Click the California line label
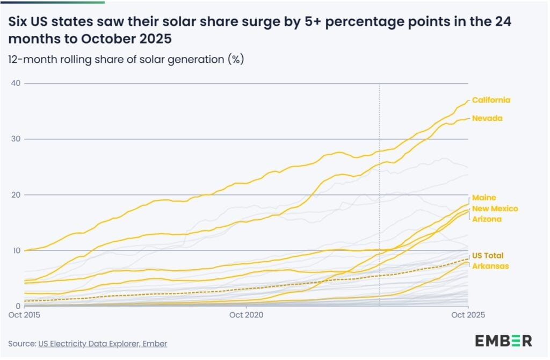tap(491, 100)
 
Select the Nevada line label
tap(487, 118)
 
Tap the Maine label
tap(484, 198)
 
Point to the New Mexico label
tap(495, 208)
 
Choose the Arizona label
tap(487, 219)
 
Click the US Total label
tap(488, 255)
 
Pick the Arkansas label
tap(489, 265)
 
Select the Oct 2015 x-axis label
tap(24, 315)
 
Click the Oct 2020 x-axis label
tap(245, 315)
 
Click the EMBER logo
tap(503, 340)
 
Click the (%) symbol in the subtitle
tap(237, 59)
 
